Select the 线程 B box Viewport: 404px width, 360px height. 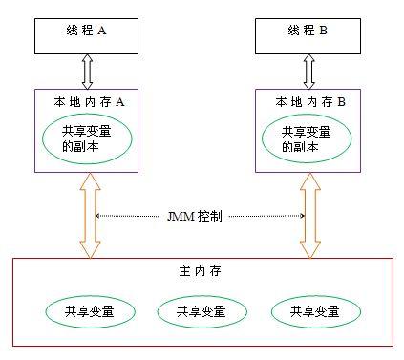pyautogui.click(x=308, y=32)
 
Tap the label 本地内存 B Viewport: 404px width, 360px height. pyautogui.click(x=308, y=100)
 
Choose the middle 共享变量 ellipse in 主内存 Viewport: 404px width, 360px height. pyautogui.click(x=196, y=311)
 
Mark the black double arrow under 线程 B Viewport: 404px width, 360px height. pyautogui.click(x=308, y=71)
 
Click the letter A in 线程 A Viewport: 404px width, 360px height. pyautogui.click(x=102, y=31)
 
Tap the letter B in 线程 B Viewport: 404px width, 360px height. pyautogui.click(x=323, y=31)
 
